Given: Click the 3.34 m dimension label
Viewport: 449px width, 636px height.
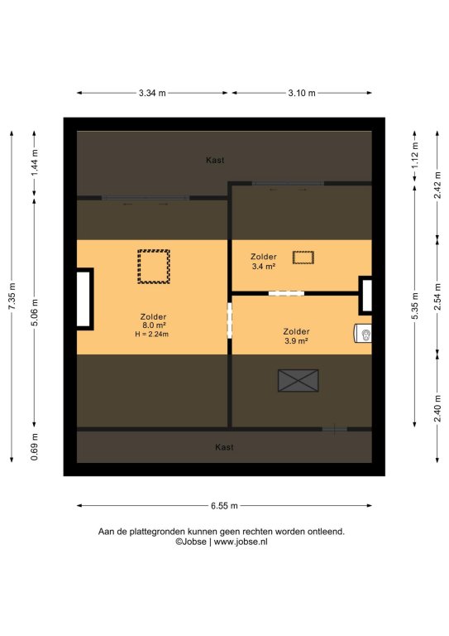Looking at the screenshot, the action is (152, 93).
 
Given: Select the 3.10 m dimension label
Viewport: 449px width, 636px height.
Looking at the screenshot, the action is (302, 93).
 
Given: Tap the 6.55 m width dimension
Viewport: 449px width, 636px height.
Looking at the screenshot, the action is (224, 506).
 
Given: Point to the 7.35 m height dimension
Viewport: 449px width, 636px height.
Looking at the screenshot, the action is (12, 296).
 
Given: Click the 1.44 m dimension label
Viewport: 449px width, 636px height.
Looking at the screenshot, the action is (35, 163).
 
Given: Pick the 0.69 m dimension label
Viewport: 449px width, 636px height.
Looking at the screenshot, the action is (35, 446).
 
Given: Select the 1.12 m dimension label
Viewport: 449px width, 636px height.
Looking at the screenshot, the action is (415, 156).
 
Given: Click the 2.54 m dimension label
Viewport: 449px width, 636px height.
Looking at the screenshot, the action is (437, 297).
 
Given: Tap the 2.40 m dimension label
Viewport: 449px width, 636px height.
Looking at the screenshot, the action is (437, 408).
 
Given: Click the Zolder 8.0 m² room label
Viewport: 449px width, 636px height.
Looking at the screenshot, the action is (154, 320).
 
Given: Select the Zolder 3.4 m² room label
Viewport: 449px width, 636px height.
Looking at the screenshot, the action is (264, 261).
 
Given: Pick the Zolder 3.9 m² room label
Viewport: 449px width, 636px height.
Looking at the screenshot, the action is (296, 336).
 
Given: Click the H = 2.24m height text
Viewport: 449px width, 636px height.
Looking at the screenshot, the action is (152, 335).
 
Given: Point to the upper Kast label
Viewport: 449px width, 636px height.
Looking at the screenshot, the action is (215, 160).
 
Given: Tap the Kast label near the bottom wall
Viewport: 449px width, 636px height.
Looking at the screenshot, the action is (224, 447).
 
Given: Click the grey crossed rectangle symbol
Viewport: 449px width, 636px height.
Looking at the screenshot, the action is (299, 380).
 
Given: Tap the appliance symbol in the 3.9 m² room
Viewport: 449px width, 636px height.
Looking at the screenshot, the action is (363, 334).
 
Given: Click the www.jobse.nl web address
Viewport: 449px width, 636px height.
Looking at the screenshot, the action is (241, 542).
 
